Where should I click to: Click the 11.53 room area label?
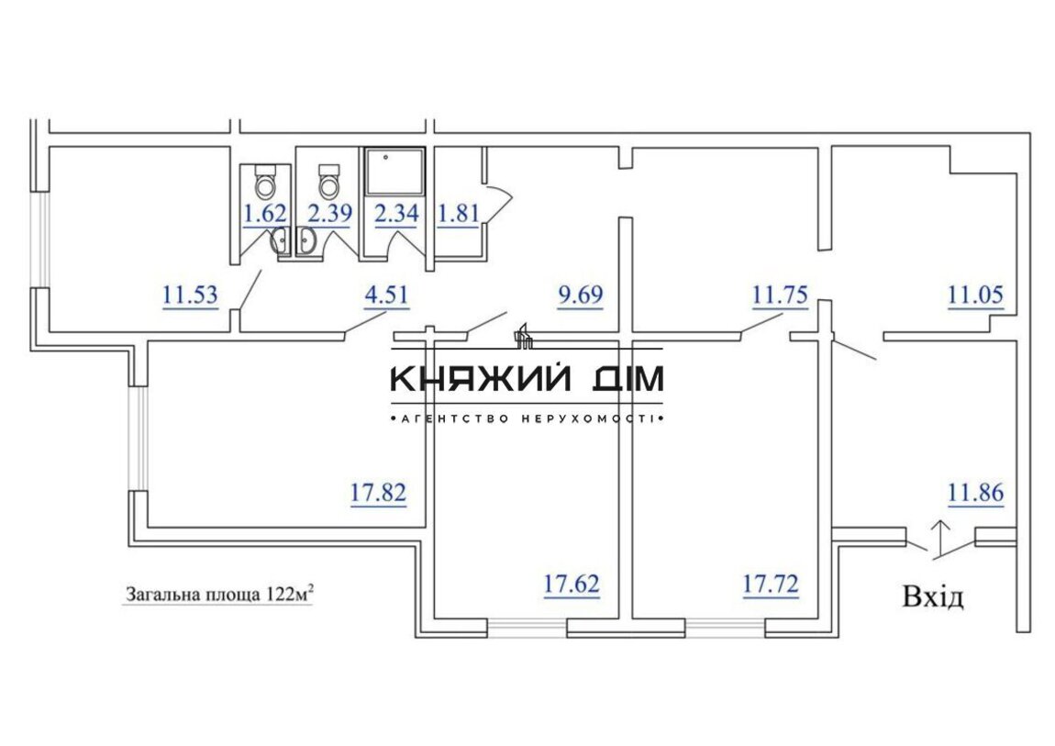(x=191, y=295)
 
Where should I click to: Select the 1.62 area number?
(x=265, y=213)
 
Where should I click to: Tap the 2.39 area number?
(x=329, y=213)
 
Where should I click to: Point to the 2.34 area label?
(x=396, y=213)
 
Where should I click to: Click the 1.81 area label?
(x=458, y=213)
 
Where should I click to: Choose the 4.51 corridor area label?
(x=386, y=295)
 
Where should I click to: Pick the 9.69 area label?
(x=581, y=295)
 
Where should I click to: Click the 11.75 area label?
(x=780, y=295)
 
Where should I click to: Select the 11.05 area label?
(x=975, y=295)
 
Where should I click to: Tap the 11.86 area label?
(x=975, y=493)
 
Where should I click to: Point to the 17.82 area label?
(x=378, y=493)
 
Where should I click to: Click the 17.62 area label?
(x=572, y=584)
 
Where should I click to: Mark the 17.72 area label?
(x=771, y=584)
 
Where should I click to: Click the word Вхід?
(x=933, y=596)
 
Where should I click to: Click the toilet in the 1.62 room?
(x=266, y=181)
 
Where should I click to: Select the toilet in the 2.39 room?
(x=329, y=181)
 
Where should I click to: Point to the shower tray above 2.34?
(x=394, y=173)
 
